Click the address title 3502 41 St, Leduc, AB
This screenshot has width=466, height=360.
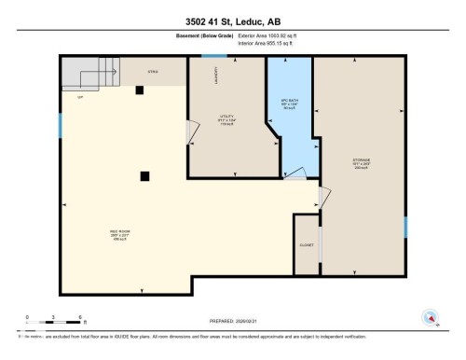(232, 15)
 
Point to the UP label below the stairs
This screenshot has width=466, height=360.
(80, 96)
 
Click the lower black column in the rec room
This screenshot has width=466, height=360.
(144, 175)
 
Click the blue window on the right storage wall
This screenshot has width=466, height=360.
(405, 228)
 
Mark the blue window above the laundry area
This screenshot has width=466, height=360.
(207, 58)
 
